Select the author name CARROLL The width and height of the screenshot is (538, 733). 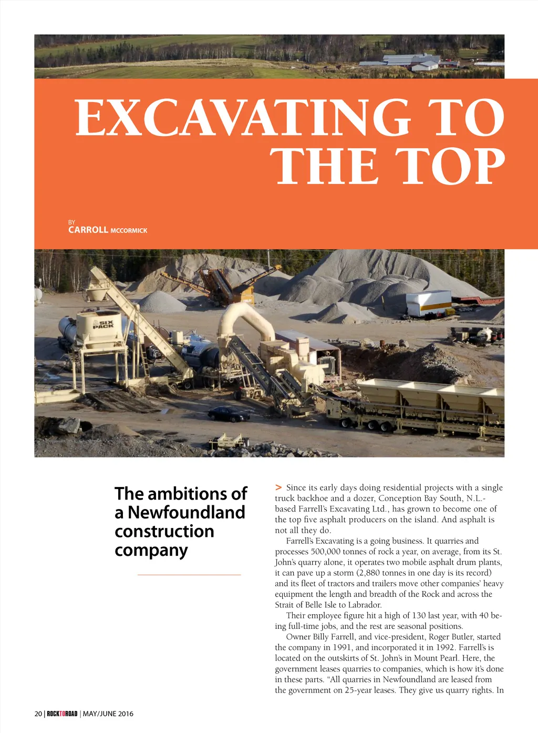click(x=88, y=230)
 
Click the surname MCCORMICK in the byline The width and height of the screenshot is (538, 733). click(x=129, y=231)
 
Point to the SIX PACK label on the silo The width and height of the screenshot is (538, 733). click(x=103, y=324)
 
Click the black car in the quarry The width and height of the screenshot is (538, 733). click(x=229, y=414)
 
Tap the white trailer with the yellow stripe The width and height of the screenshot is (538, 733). click(x=428, y=303)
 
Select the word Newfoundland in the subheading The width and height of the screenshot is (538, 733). click(x=187, y=512)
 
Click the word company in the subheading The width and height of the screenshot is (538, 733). click(x=151, y=550)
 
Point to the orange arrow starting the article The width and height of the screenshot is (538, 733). click(x=278, y=487)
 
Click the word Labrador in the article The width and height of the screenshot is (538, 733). click(x=365, y=605)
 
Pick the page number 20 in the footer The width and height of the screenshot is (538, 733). click(x=38, y=714)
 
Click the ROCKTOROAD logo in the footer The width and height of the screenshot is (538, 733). click(x=62, y=714)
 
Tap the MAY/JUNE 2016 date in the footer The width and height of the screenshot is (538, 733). click(x=108, y=714)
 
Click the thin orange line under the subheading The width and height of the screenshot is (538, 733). click(x=189, y=575)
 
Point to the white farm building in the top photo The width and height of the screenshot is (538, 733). click(x=425, y=66)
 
